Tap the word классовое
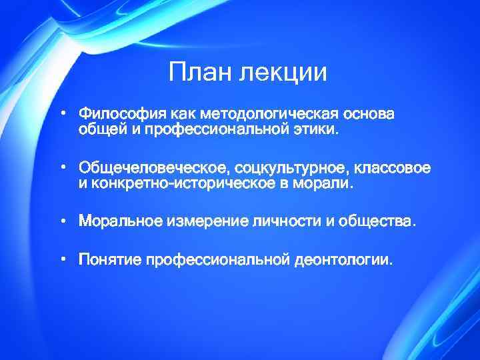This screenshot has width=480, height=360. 393,167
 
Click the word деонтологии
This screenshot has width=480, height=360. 343,259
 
